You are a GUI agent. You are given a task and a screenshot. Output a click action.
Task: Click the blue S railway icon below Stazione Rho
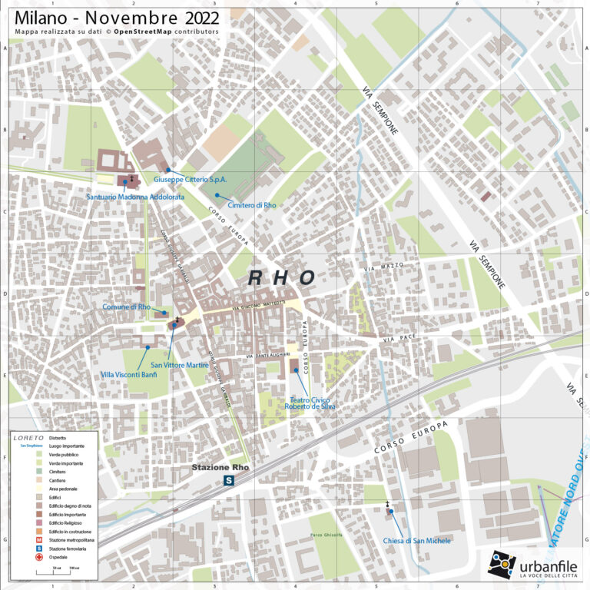click(x=228, y=480)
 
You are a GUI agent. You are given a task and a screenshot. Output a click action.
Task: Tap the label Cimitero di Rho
click(x=252, y=205)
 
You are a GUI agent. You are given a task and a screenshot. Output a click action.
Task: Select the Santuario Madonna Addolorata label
click(x=136, y=197)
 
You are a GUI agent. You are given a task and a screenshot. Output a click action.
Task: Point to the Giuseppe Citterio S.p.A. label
click(x=190, y=179)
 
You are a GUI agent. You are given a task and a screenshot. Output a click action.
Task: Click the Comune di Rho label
click(x=126, y=307)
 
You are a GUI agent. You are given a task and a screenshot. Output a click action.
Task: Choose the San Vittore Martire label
click(x=180, y=364)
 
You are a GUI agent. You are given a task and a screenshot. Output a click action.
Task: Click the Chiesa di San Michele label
click(x=417, y=541)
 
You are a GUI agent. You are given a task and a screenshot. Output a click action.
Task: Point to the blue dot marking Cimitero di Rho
click(x=217, y=195)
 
